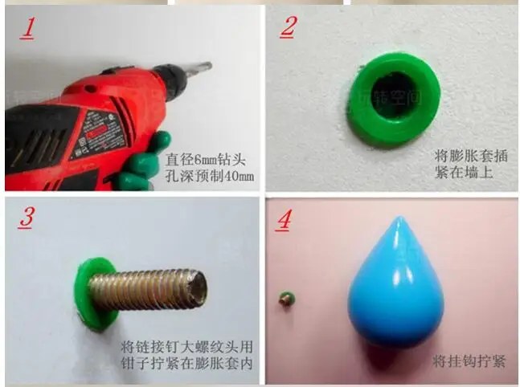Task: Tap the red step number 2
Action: click(x=288, y=26)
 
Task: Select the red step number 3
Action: click(x=26, y=218)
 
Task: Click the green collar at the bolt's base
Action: click(x=92, y=293)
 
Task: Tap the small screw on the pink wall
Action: click(x=285, y=299)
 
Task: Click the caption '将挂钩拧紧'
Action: click(x=469, y=361)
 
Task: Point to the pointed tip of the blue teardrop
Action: click(x=399, y=219)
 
